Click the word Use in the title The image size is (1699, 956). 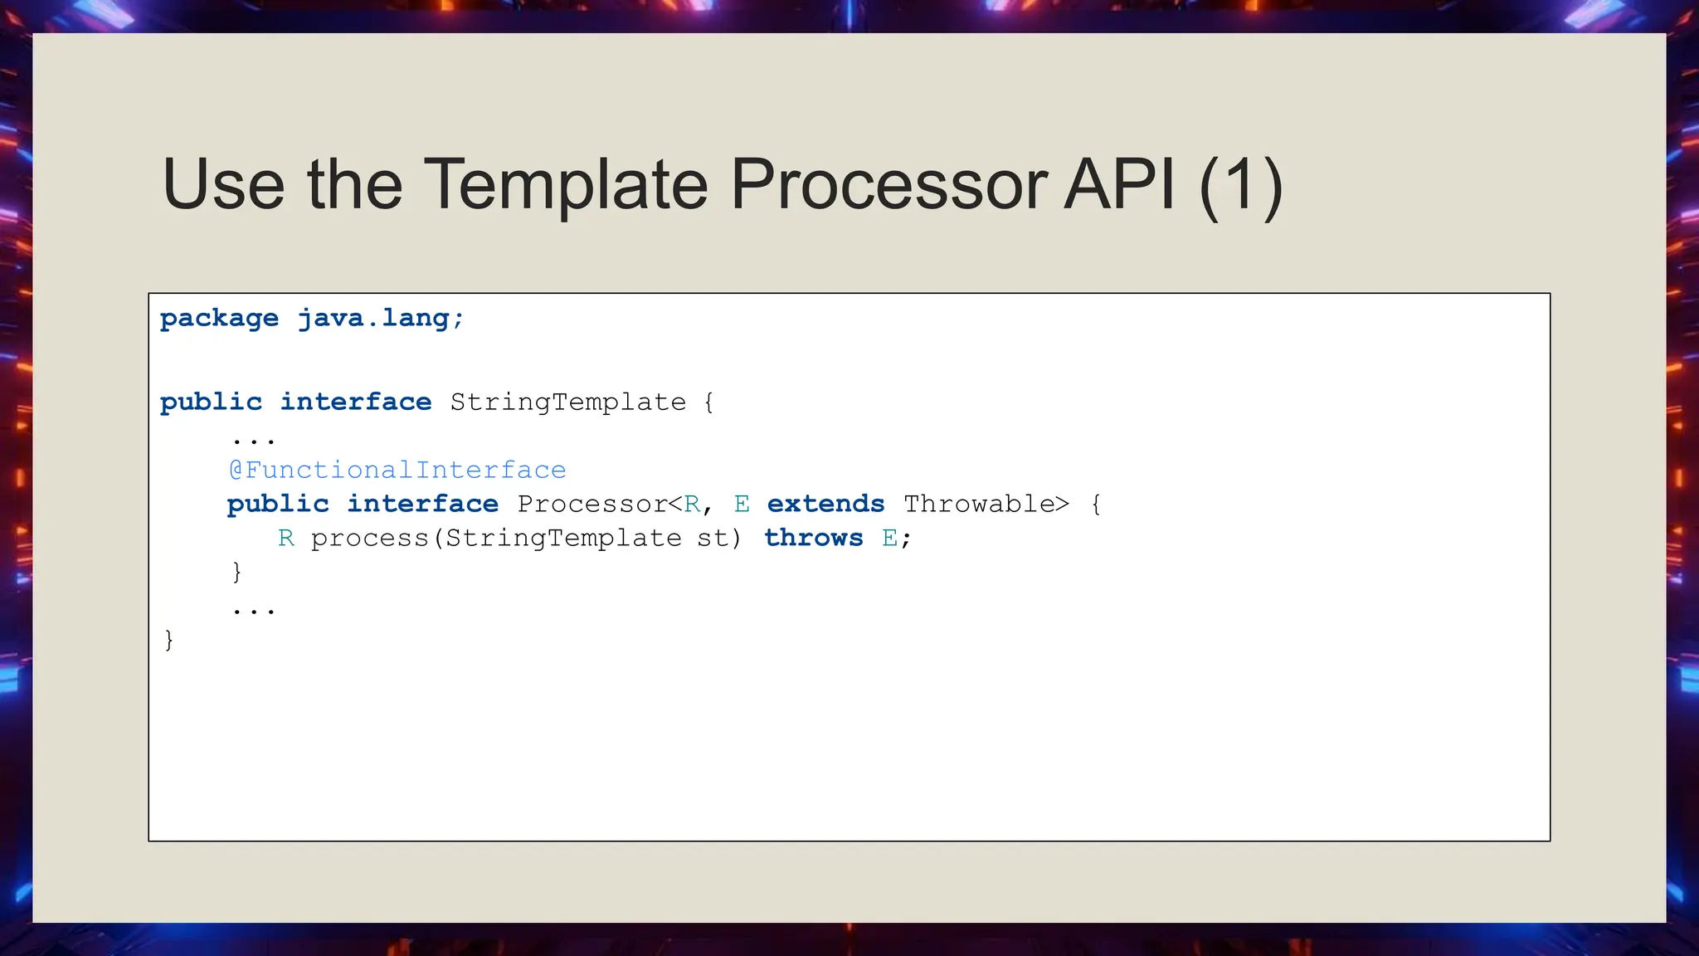pyautogui.click(x=223, y=184)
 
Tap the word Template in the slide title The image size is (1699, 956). pyautogui.click(x=566, y=184)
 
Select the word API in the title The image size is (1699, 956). pyautogui.click(x=1119, y=184)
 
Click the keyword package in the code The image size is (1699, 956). pyautogui.click(x=219, y=319)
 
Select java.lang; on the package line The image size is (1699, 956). pyautogui.click(x=381, y=319)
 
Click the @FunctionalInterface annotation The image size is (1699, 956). pyautogui.click(x=397, y=471)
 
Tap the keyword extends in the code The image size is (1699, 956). pyautogui.click(x=825, y=505)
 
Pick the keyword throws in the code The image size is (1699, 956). pyautogui.click(x=813, y=539)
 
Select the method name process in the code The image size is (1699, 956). pyautogui.click(x=369, y=539)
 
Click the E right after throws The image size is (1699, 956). pyautogui.click(x=889, y=539)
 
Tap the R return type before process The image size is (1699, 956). pyautogui.click(x=286, y=539)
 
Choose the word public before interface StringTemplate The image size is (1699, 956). pyautogui.click(x=211, y=402)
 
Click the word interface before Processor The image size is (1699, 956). pyautogui.click(x=422, y=505)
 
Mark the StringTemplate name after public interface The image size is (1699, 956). pyautogui.click(x=567, y=402)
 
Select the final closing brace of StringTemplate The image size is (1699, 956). pyautogui.click(x=169, y=640)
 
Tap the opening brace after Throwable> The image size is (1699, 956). pyautogui.click(x=1096, y=505)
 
